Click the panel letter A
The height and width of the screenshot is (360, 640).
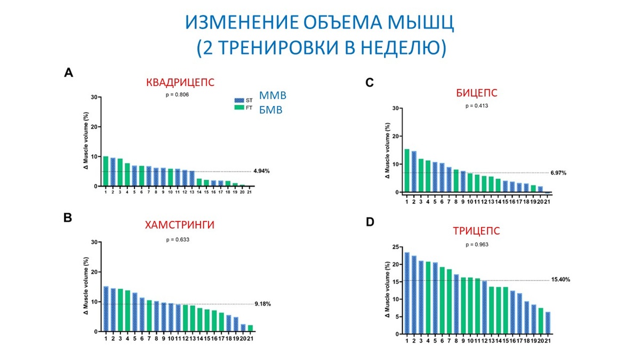68,73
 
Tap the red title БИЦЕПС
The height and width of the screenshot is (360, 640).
476,93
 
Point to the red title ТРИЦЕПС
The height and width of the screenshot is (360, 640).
476,231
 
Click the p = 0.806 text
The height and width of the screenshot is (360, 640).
178,94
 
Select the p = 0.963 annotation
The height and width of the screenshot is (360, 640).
476,244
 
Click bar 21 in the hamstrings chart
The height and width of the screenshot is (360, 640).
250,328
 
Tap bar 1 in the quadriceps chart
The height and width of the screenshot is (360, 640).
106,171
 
